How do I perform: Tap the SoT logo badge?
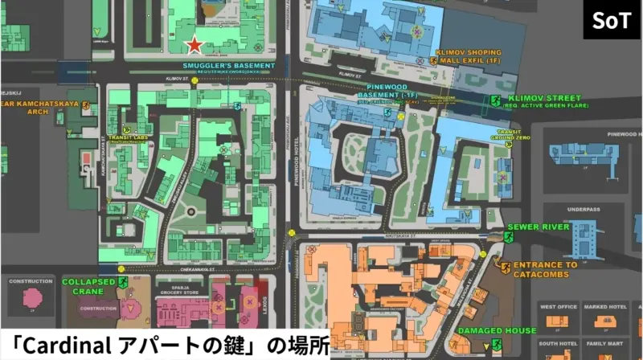612,20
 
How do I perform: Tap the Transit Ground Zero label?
514,134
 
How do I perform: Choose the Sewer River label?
544,227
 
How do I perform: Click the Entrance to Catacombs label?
546,269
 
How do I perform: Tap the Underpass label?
583,210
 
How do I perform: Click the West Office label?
559,307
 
